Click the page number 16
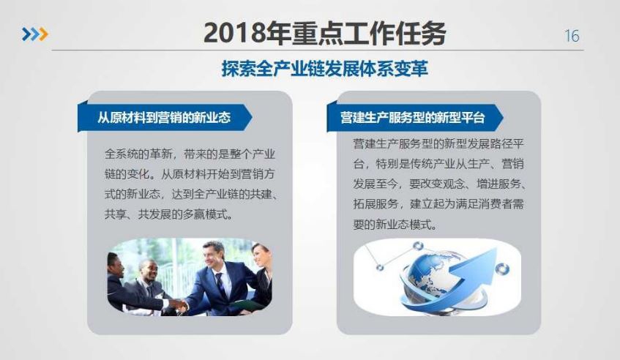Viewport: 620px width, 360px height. (x=572, y=36)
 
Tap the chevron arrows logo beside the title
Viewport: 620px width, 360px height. (x=35, y=34)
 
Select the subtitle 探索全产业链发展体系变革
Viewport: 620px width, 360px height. (x=324, y=68)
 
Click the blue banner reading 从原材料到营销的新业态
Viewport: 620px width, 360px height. (x=165, y=117)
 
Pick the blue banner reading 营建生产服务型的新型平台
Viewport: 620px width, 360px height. (x=414, y=117)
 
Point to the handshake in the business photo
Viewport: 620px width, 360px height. (x=179, y=304)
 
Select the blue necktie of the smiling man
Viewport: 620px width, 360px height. (x=220, y=285)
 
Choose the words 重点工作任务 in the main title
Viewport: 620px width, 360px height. (x=370, y=33)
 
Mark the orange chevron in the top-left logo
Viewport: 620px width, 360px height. (x=42, y=34)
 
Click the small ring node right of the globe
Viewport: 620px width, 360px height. (x=501, y=269)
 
